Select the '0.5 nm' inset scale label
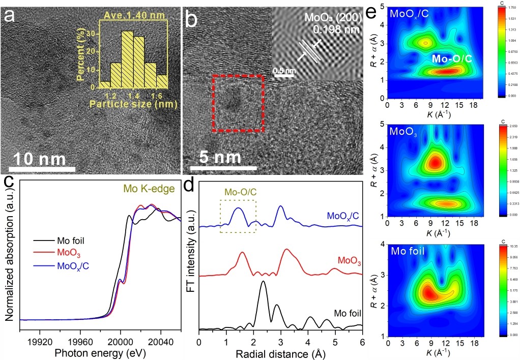(284, 71)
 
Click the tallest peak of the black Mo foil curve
(263, 283)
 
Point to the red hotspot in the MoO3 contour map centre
(435, 163)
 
